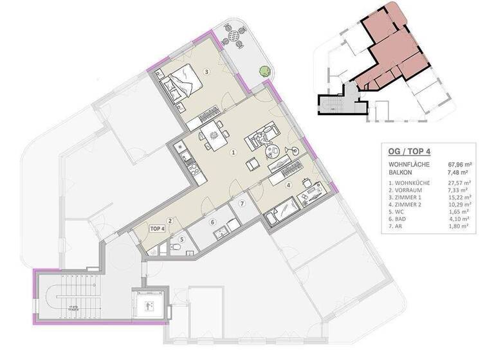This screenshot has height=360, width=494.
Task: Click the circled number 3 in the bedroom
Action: click(206, 71)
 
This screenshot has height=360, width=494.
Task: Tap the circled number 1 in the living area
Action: click(233, 152)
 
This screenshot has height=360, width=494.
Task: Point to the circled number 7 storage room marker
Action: click(242, 204)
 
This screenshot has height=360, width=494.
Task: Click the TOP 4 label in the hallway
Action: click(158, 228)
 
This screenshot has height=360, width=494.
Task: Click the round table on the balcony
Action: click(235, 37)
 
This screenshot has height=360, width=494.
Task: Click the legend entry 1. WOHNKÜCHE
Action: click(412, 183)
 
